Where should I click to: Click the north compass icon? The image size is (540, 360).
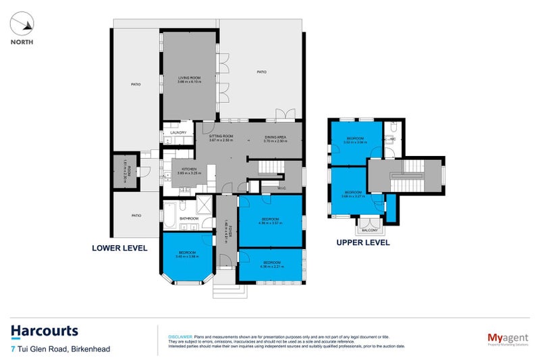tap(23, 26)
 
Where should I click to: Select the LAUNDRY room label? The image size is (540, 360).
tap(178, 132)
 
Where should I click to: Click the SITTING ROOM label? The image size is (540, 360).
tap(220, 137)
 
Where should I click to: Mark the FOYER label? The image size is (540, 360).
tap(225, 232)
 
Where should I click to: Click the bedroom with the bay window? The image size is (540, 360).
tap(186, 255)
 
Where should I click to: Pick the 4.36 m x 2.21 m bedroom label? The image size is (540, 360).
tap(271, 263)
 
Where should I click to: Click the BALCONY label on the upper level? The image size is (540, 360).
tap(370, 230)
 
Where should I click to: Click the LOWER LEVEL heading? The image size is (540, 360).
tap(119, 248)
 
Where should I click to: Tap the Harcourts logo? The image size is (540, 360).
tap(45, 331)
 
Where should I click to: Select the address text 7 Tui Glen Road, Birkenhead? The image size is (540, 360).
tap(61, 349)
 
